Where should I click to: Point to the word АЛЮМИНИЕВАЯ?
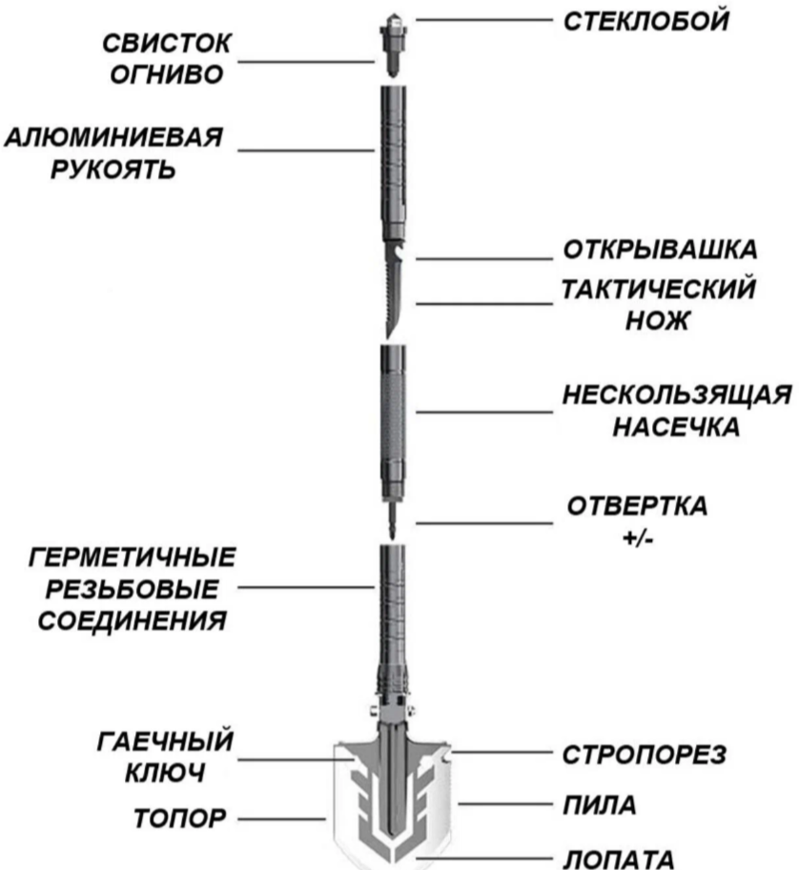click(x=114, y=137)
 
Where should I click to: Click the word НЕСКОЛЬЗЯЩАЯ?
click(x=675, y=395)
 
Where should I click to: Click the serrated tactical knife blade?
click(x=394, y=295)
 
